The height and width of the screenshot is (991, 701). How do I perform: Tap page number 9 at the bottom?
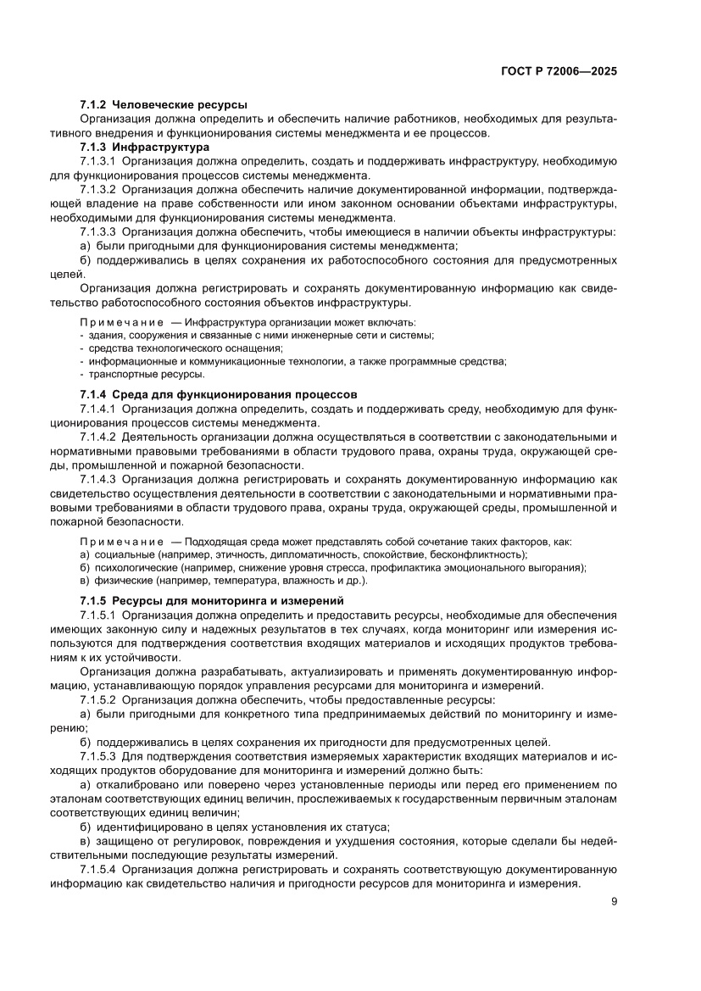coord(614,902)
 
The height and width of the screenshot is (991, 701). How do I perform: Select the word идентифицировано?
coord(147,827)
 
